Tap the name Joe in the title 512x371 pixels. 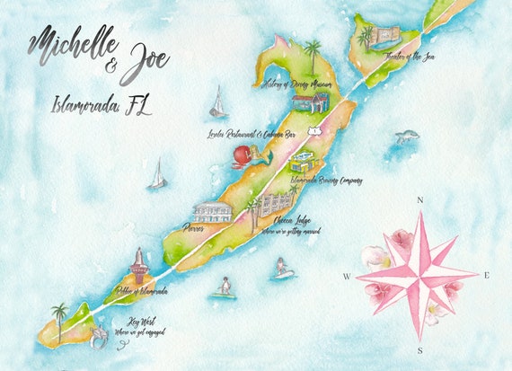144,64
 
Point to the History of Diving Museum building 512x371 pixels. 310,102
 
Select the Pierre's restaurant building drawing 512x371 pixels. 213,213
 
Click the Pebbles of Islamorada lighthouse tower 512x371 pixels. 140,266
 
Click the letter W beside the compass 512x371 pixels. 346,277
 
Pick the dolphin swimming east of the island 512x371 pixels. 408,137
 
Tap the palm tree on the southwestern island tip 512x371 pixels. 59,314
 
